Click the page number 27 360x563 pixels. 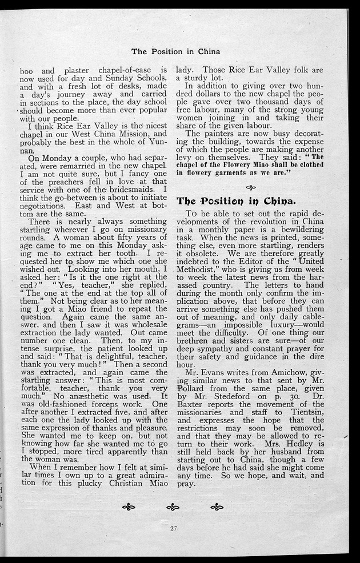click(173, 528)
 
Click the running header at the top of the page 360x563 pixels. click(175, 51)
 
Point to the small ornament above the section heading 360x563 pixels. click(250, 187)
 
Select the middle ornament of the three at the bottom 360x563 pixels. click(173, 506)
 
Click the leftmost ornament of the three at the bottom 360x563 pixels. click(129, 506)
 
